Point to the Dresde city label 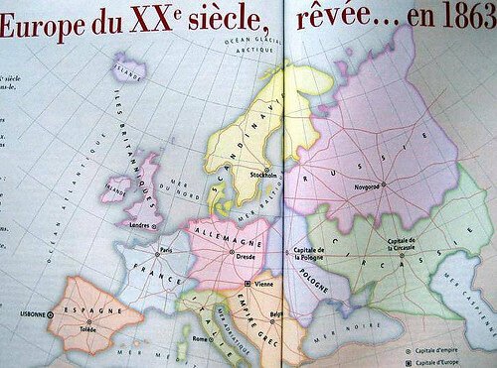pyautogui.click(x=248, y=257)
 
